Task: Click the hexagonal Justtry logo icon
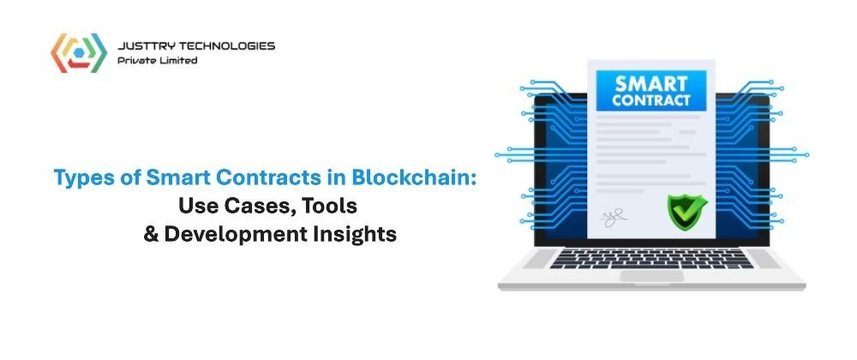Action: coord(79,53)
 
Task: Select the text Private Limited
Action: coord(158,61)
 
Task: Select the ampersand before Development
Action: coord(151,234)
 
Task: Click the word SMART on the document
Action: coord(651,84)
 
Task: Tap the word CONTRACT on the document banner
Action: coord(651,100)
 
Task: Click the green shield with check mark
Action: coord(687,210)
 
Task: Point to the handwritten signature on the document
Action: coord(614,218)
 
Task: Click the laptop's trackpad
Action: coord(651,276)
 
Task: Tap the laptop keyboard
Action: coord(651,258)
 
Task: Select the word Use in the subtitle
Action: coord(198,207)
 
